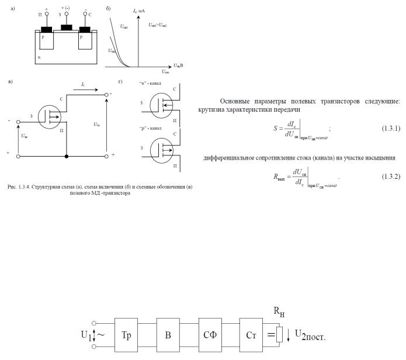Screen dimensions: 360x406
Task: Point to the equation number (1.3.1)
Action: [x=391, y=129]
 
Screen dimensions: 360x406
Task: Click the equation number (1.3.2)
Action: [x=391, y=176]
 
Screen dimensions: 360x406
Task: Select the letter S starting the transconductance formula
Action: [x=275, y=129]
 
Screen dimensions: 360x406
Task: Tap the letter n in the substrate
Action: [x=39, y=57]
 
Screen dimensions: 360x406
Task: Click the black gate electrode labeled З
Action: [x=66, y=27]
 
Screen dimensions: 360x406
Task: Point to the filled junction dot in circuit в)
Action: [x=67, y=157]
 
